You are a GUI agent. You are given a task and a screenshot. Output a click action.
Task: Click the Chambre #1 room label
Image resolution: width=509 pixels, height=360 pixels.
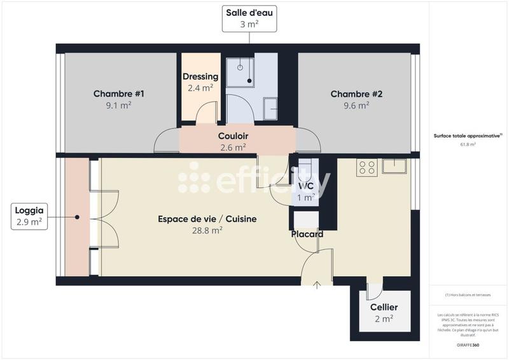pos(119,94)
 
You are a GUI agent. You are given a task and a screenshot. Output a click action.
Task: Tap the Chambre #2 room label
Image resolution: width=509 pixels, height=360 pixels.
pos(356,94)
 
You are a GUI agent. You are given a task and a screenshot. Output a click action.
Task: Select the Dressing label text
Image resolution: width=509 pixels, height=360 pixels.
pos(200,77)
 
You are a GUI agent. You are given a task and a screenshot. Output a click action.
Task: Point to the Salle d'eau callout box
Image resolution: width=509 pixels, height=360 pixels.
pos(249,18)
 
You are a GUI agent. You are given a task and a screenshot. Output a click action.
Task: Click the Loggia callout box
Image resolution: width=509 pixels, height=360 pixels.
pos(29,216)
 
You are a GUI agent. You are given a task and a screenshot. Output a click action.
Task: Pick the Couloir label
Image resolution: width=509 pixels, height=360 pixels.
pos(233,136)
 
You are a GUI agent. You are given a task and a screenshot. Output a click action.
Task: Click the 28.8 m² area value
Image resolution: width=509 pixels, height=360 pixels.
pos(208,231)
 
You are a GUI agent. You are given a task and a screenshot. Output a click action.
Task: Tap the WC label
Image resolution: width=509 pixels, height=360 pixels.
pos(307,186)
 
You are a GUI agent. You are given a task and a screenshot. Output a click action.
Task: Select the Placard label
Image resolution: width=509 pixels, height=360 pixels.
pos(307,234)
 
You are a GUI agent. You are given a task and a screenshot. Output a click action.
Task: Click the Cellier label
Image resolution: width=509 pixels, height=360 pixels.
pos(384,307)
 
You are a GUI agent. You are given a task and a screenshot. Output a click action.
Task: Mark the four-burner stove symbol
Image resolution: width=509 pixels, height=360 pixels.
pos(367,167)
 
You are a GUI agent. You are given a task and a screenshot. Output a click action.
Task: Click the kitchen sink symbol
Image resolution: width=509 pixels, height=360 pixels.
pos(394,167)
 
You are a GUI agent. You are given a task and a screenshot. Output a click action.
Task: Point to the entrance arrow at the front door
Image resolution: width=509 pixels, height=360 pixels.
pos(317,284)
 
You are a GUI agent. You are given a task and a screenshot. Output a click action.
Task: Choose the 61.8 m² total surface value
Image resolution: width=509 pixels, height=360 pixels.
pos(468,144)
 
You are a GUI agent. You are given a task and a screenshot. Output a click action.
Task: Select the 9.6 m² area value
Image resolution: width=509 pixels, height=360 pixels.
pos(356,106)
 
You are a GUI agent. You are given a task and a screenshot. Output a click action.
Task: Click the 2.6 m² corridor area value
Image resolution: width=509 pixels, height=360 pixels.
pos(233,147)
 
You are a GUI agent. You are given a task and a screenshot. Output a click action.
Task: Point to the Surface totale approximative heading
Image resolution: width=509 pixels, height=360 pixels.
pos(468,135)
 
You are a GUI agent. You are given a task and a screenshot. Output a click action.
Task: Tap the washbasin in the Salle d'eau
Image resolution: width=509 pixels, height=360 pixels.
pos(270,108)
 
